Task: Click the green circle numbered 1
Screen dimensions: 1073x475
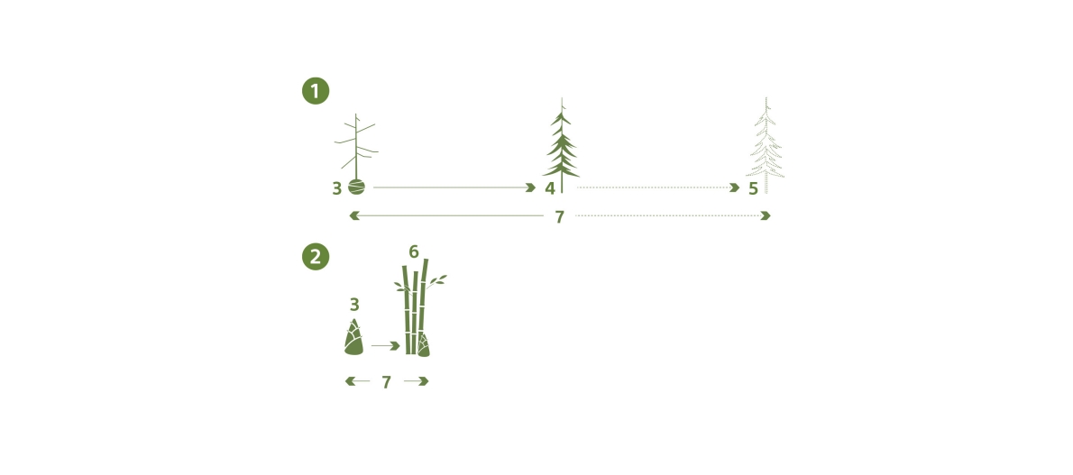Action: pyautogui.click(x=316, y=91)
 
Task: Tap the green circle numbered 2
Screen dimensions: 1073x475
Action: pyautogui.click(x=316, y=257)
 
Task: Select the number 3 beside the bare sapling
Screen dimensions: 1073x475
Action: pyautogui.click(x=336, y=189)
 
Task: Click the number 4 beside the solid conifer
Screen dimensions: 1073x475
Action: pyautogui.click(x=549, y=188)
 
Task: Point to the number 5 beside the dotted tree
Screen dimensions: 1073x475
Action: pyautogui.click(x=754, y=188)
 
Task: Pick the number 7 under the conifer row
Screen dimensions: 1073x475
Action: pyautogui.click(x=560, y=217)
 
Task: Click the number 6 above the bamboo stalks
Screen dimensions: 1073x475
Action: pyautogui.click(x=413, y=251)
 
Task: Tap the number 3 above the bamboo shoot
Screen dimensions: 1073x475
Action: pyautogui.click(x=353, y=305)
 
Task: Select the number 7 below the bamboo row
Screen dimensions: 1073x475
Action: pyautogui.click(x=386, y=382)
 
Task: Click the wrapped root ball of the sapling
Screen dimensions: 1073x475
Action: pyautogui.click(x=356, y=187)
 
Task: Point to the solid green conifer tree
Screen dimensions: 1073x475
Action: pyautogui.click(x=562, y=145)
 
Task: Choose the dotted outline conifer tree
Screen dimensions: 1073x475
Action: pyautogui.click(x=766, y=145)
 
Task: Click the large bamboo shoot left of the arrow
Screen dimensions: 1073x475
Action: pyautogui.click(x=353, y=337)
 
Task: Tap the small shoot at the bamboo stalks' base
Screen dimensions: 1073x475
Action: pyautogui.click(x=424, y=345)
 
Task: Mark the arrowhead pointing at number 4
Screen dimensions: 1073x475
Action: pyautogui.click(x=530, y=187)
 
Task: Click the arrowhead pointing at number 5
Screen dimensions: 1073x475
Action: pyautogui.click(x=734, y=187)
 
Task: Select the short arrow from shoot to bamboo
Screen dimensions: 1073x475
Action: pyautogui.click(x=385, y=346)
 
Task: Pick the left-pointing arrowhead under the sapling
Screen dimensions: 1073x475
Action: pyautogui.click(x=354, y=215)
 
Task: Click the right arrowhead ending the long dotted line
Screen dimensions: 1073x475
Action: pyautogui.click(x=765, y=215)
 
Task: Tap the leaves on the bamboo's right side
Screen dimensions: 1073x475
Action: pyautogui.click(x=436, y=280)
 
